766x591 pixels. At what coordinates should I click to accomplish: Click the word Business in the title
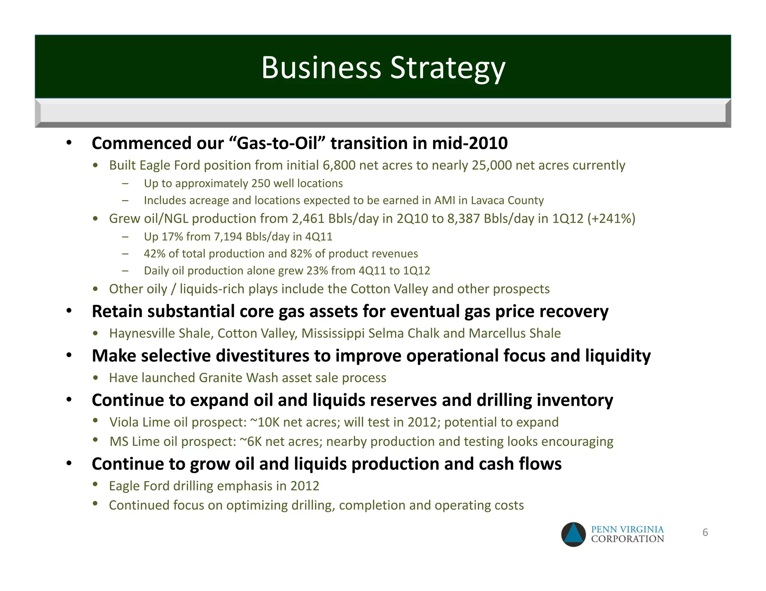click(x=321, y=68)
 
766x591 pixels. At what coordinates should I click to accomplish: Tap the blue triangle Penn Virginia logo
click(x=573, y=534)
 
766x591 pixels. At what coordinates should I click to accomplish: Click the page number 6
click(x=705, y=532)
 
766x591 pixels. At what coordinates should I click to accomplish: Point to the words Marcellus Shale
click(x=515, y=333)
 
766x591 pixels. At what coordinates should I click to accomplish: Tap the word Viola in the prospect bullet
click(x=125, y=422)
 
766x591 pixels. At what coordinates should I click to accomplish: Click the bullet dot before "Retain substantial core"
click(x=69, y=311)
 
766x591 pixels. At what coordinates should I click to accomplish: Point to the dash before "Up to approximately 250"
click(x=125, y=183)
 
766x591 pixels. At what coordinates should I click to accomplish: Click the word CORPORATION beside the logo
click(x=627, y=539)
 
